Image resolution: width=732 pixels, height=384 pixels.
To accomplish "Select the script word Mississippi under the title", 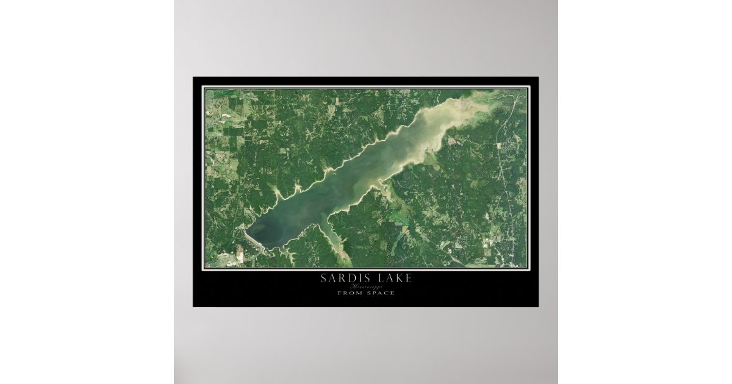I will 366,286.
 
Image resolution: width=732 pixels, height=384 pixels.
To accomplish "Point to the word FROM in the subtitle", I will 348,293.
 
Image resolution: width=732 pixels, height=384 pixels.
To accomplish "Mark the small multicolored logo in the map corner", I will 211,258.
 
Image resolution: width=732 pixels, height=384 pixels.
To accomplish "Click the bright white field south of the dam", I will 240,255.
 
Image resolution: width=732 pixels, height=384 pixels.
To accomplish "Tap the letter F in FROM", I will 340,293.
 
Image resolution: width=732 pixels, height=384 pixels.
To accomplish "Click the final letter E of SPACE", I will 392,293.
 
